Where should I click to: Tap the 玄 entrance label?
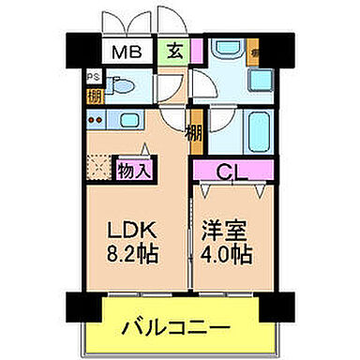point(175,52)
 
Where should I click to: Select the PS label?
point(92,78)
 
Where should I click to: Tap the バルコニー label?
point(176,328)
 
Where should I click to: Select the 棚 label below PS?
point(92,94)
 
